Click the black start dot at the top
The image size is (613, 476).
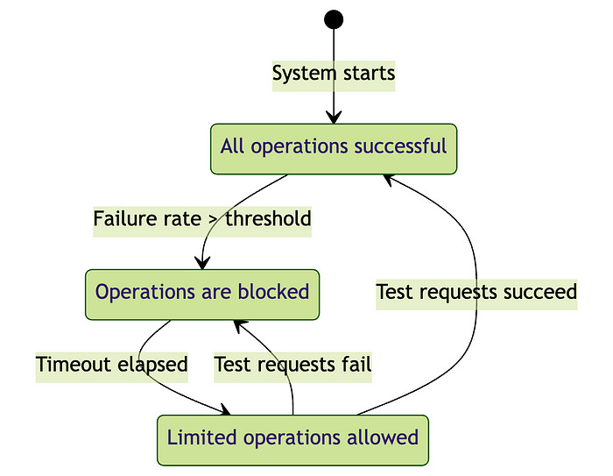(333, 19)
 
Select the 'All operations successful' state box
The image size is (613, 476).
(334, 148)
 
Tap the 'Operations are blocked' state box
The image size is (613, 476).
(202, 294)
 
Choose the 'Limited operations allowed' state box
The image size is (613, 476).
(292, 439)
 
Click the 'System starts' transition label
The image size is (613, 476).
(334, 74)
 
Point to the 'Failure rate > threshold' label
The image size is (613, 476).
(202, 219)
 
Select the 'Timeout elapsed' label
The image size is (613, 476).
(112, 365)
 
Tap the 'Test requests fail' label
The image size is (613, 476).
(292, 365)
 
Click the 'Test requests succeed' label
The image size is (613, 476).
(476, 292)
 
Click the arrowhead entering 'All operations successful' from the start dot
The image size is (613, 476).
(334, 118)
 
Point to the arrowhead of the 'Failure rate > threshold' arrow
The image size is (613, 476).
(203, 263)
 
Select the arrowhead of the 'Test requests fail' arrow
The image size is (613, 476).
(239, 324)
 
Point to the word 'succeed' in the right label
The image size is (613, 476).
(540, 292)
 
